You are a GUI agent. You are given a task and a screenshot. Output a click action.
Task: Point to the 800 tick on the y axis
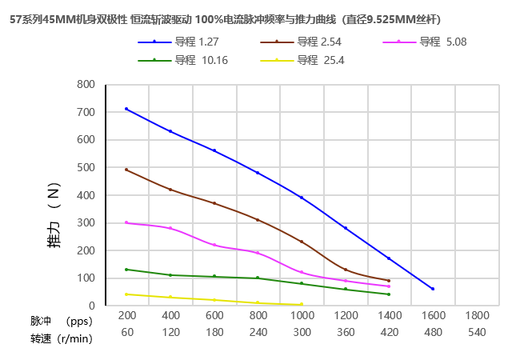pyautogui.click(x=86, y=84)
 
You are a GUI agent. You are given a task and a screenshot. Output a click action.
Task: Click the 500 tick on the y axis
pyautogui.click(x=86, y=167)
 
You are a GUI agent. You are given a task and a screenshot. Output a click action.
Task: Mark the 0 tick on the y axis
pyautogui.click(x=92, y=306)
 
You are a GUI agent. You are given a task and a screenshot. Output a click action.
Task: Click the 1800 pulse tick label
pyautogui.click(x=477, y=316)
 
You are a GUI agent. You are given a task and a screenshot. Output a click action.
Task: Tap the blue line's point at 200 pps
pyautogui.click(x=126, y=109)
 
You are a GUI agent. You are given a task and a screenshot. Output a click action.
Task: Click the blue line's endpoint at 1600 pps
pyautogui.click(x=433, y=289)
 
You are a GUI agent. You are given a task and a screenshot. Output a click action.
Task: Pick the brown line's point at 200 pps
pyautogui.click(x=126, y=170)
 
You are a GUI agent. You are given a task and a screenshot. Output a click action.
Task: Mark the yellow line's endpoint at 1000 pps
pyautogui.click(x=302, y=304)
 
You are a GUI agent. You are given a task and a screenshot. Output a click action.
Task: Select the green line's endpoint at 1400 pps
pyautogui.click(x=389, y=294)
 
